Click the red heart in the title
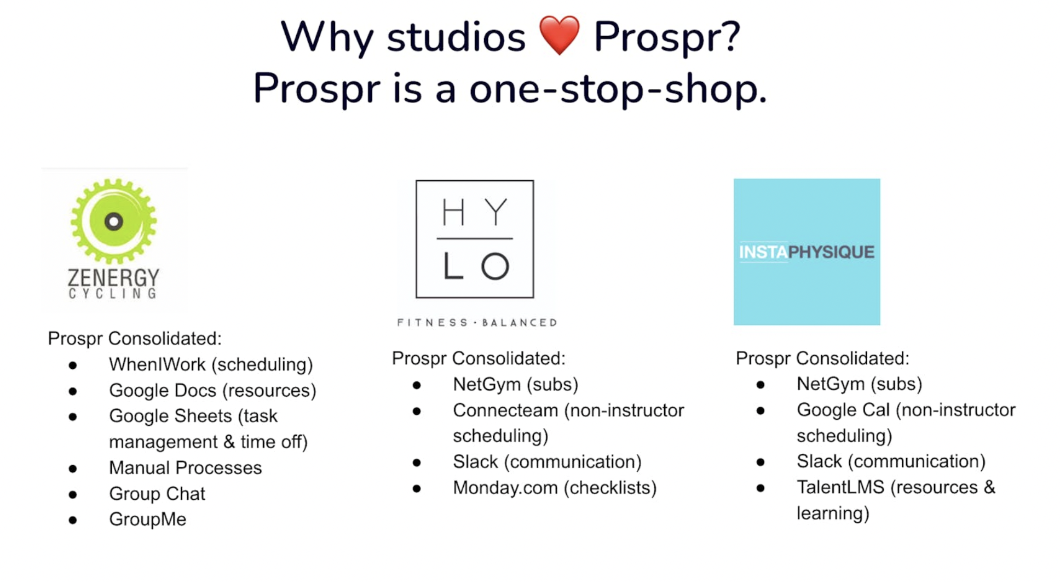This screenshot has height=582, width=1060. [x=559, y=35]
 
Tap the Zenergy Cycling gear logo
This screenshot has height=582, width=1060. [x=114, y=221]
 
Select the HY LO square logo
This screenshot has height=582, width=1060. [x=475, y=239]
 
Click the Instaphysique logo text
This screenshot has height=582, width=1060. [x=806, y=252]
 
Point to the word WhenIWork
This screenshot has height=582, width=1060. [x=157, y=364]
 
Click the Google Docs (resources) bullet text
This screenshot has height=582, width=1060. [x=212, y=391]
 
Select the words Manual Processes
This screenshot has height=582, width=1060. [x=185, y=468]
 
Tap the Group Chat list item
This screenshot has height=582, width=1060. [x=157, y=494]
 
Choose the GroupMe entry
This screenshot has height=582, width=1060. [x=148, y=520]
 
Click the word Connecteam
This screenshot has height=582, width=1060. [x=505, y=410]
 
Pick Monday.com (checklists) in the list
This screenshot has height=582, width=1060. [x=555, y=488]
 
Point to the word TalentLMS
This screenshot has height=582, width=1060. [x=840, y=487]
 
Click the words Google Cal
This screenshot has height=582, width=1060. [x=843, y=410]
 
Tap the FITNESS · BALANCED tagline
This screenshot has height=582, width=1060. [x=477, y=323]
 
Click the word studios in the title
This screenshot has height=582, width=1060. [x=456, y=37]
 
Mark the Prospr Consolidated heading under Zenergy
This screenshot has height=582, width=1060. [x=135, y=339]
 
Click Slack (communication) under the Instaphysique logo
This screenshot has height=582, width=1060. [x=891, y=461]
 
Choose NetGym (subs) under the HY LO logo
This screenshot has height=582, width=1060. [x=515, y=384]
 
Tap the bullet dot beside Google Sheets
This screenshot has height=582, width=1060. [x=73, y=416]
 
